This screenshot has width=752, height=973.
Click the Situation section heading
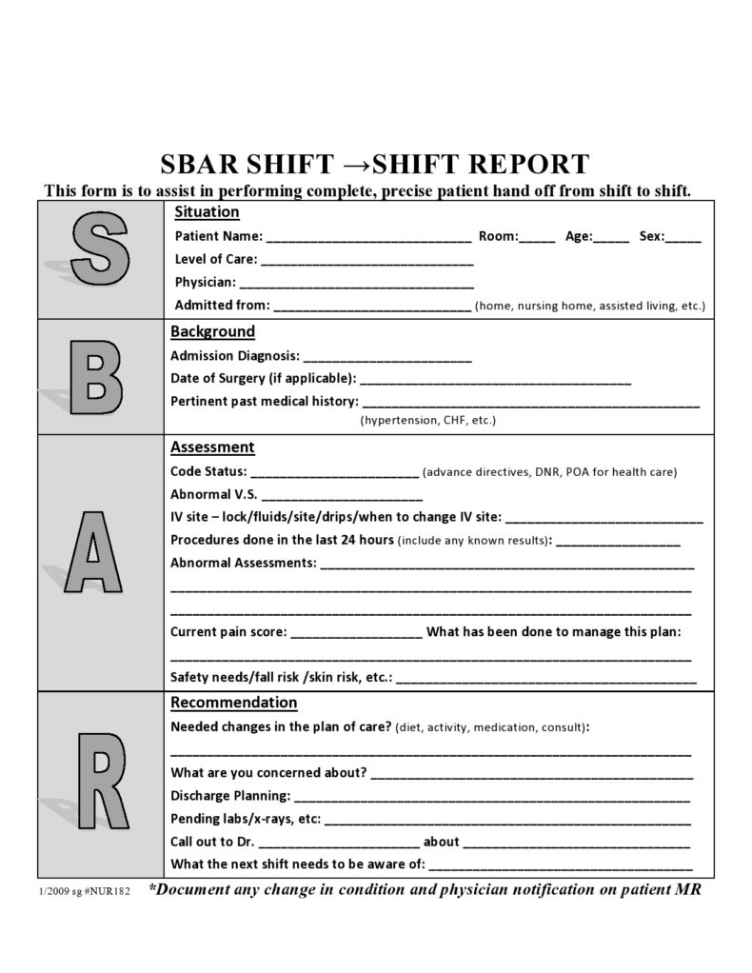[x=207, y=211]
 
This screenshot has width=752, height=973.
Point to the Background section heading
[x=212, y=331]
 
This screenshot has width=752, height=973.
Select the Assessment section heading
[x=212, y=447]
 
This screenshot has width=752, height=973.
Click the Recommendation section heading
[x=233, y=703]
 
